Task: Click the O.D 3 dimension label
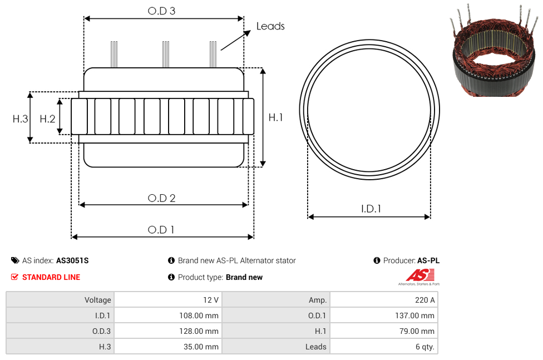click(x=161, y=11)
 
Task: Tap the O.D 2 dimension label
click(x=161, y=198)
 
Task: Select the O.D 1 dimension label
click(x=161, y=230)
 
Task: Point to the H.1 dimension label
click(x=275, y=117)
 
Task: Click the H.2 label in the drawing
click(x=47, y=119)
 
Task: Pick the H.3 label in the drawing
click(x=20, y=119)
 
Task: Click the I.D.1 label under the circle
click(x=371, y=209)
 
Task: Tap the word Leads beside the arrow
click(x=270, y=26)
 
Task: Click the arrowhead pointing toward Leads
click(x=247, y=33)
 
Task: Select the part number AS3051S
click(x=72, y=260)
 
